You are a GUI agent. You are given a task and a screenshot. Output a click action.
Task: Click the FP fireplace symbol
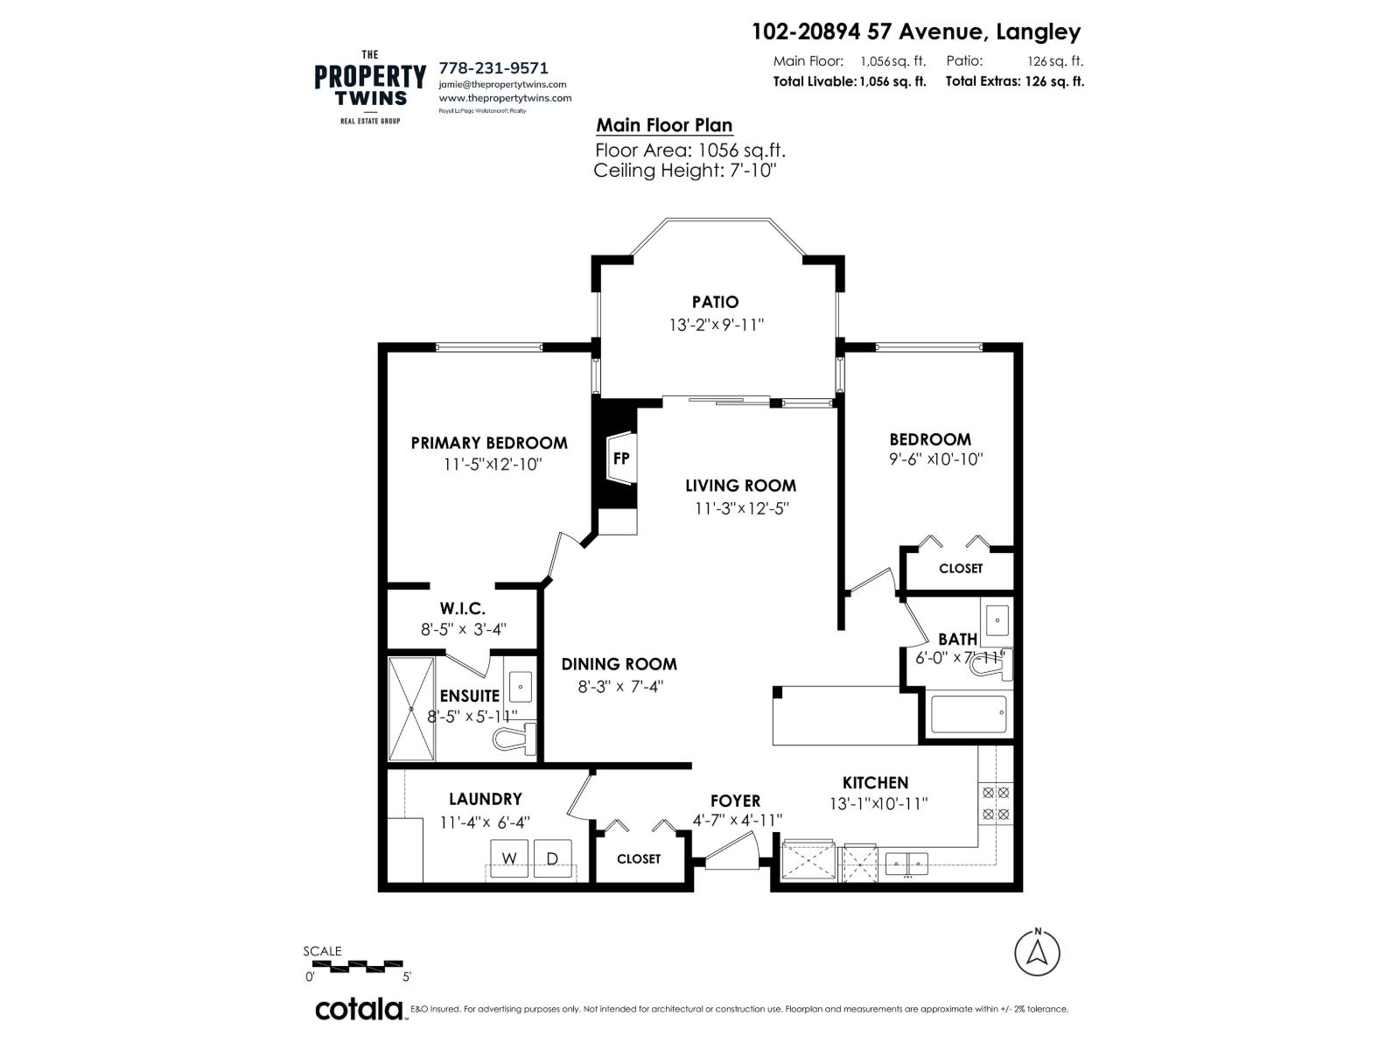(x=620, y=458)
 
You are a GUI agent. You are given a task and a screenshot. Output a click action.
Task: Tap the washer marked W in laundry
(x=508, y=858)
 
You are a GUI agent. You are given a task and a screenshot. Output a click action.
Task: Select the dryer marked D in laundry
(x=552, y=858)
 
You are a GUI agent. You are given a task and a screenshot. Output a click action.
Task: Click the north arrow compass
(x=1037, y=952)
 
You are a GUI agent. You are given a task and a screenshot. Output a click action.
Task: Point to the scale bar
(x=358, y=966)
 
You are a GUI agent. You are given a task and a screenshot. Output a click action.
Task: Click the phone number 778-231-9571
(x=493, y=67)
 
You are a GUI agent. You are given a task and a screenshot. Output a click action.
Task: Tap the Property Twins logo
(x=370, y=87)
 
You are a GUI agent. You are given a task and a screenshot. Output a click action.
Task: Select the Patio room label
(x=715, y=302)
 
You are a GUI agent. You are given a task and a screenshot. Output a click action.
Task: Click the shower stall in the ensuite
(x=411, y=709)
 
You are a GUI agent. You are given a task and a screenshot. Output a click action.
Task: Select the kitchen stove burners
(x=996, y=803)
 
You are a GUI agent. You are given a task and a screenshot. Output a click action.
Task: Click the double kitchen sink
(x=906, y=864)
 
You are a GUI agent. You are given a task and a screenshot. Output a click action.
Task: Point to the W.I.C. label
(x=462, y=608)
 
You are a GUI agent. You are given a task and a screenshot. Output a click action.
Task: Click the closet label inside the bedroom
(x=961, y=569)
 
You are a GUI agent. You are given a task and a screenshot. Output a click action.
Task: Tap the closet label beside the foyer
(x=638, y=859)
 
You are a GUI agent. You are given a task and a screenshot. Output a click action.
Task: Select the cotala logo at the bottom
(x=359, y=1009)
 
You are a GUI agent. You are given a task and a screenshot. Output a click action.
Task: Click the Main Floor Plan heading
(x=664, y=125)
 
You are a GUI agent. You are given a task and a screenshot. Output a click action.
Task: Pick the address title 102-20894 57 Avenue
(x=916, y=32)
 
